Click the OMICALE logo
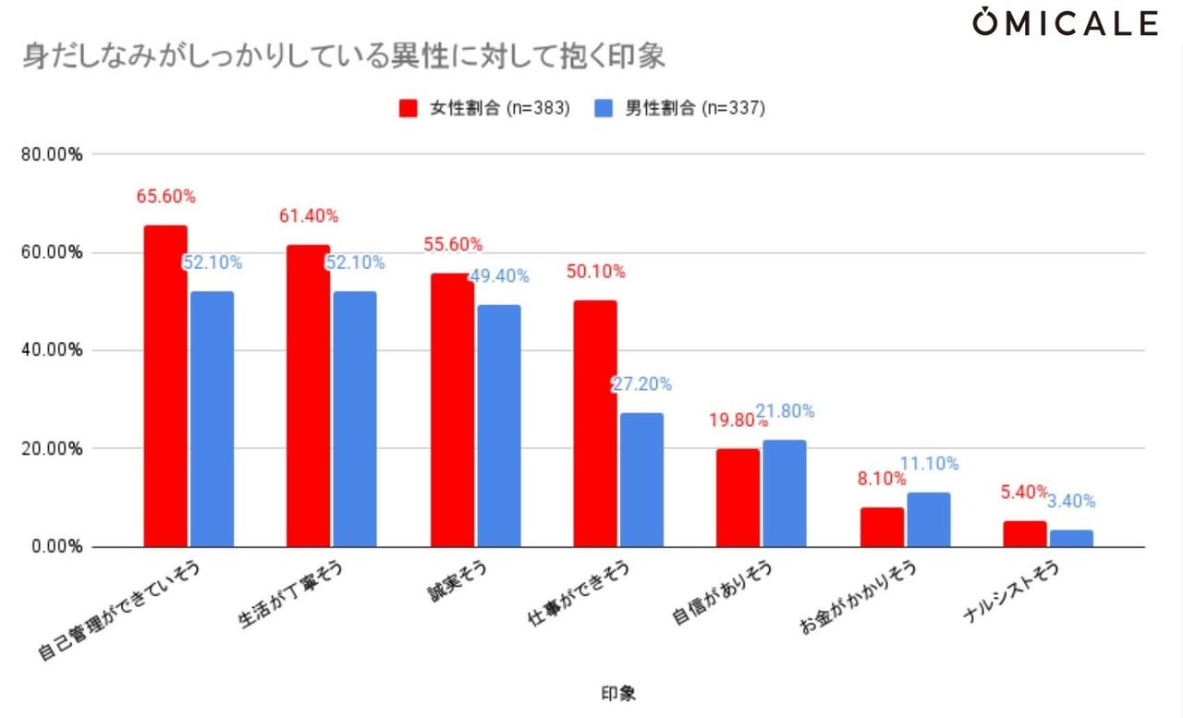(1065, 23)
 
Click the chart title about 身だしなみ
(343, 57)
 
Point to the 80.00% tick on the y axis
(52, 154)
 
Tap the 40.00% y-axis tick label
(52, 351)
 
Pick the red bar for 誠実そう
(452, 410)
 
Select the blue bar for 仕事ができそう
(641, 480)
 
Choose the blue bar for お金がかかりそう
(928, 519)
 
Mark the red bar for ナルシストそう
(1024, 533)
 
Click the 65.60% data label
(165, 196)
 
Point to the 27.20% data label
(641, 384)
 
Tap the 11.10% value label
(929, 464)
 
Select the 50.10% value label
(595, 272)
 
